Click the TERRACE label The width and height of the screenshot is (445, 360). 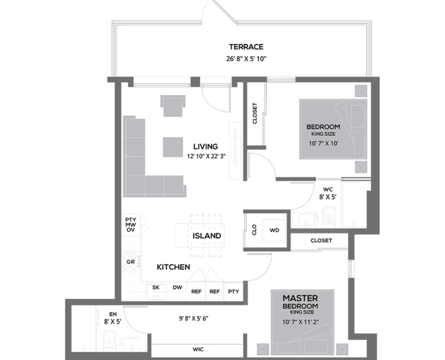pyautogui.click(x=246, y=47)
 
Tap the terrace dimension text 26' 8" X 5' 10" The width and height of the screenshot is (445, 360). pyautogui.click(x=246, y=59)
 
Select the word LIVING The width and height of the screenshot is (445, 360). pyautogui.click(x=205, y=147)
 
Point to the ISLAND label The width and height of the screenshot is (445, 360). pyautogui.click(x=206, y=236)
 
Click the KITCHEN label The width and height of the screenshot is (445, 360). pyautogui.click(x=173, y=267)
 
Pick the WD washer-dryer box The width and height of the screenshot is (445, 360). pyautogui.click(x=274, y=231)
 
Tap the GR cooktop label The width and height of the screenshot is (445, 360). pyautogui.click(x=131, y=262)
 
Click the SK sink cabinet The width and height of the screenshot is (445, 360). pyautogui.click(x=156, y=292)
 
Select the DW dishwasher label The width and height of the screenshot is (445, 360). pyautogui.click(x=177, y=287)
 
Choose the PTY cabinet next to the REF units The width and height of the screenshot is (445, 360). pyautogui.click(x=234, y=292)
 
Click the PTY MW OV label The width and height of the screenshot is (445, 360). pyautogui.click(x=131, y=225)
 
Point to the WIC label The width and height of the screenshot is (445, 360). pyautogui.click(x=198, y=349)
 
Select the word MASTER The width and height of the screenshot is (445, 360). pyautogui.click(x=300, y=298)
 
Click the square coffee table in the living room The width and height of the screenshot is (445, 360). pyautogui.click(x=173, y=147)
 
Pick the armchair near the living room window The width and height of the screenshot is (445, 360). pyautogui.click(x=173, y=106)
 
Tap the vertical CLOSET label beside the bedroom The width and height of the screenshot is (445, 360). pyautogui.click(x=255, y=113)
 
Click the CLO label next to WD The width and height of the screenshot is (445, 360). pyautogui.click(x=254, y=230)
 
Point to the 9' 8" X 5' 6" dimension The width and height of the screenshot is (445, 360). pyautogui.click(x=194, y=318)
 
